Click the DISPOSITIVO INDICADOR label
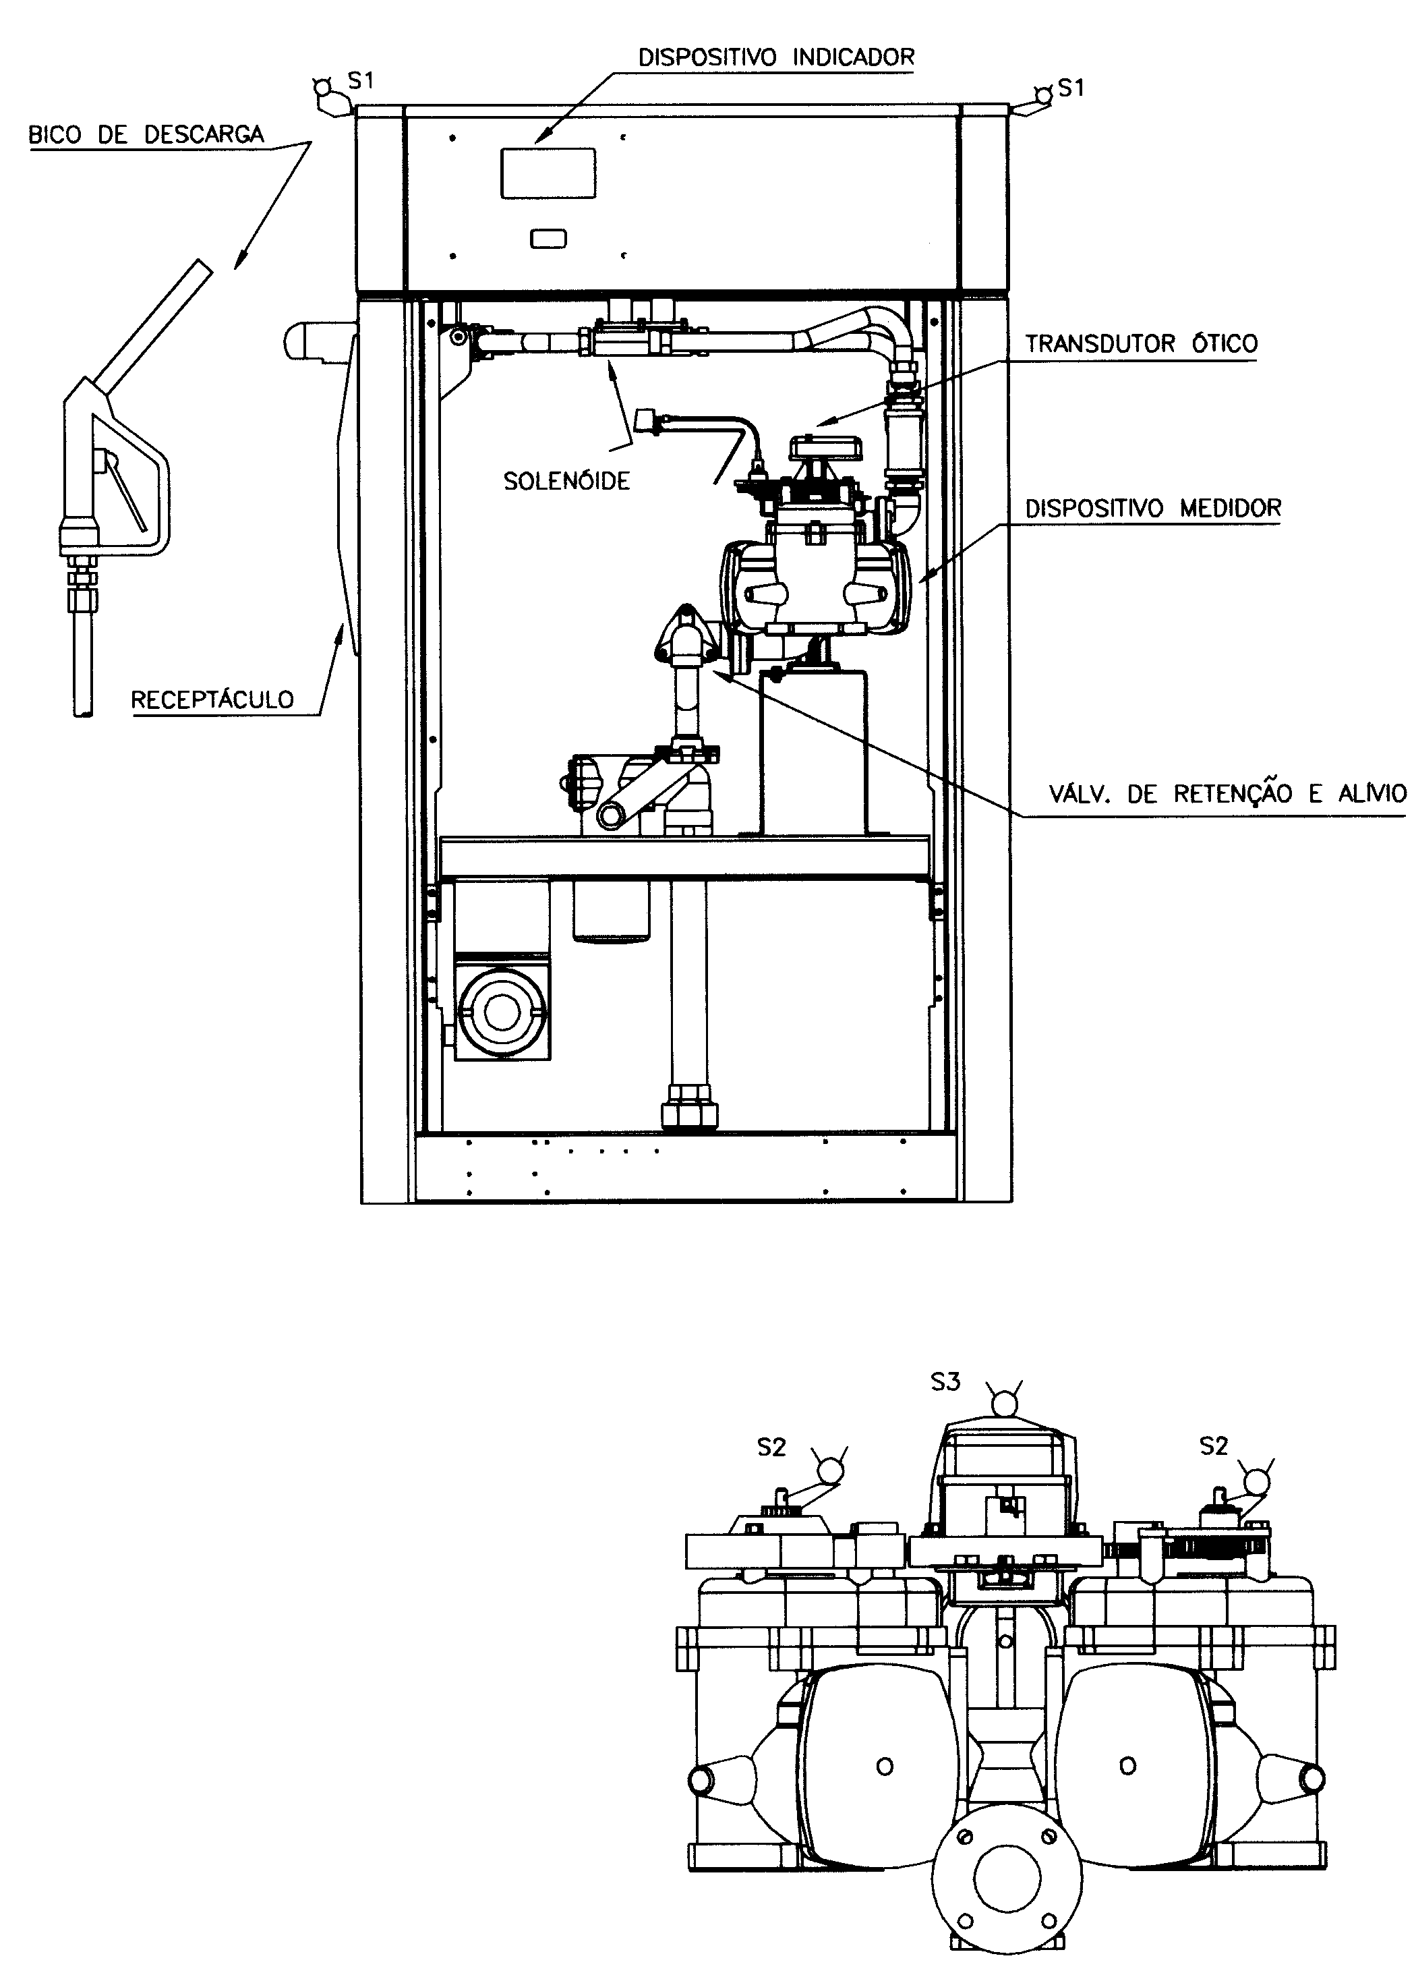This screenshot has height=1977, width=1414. coord(776,57)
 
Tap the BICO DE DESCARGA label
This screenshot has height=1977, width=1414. coord(146,135)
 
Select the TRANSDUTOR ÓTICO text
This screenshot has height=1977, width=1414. coord(1141,343)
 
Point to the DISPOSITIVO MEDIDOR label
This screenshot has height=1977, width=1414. coord(1153,509)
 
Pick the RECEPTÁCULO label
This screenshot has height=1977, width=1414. coord(212,699)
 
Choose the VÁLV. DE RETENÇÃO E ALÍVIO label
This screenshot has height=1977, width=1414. coord(1227,793)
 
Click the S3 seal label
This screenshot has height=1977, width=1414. coord(945,1381)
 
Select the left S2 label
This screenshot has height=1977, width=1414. coord(771,1447)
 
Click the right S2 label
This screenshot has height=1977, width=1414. coord(1213,1445)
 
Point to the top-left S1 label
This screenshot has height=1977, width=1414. coord(361,81)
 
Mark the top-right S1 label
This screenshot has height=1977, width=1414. coord(1071,88)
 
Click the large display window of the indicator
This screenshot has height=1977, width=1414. coord(548,173)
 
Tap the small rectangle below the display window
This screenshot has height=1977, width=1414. coord(548,239)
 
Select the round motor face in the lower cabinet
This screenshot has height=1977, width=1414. coord(500,1010)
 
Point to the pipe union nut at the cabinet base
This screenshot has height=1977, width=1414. coord(690,1108)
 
